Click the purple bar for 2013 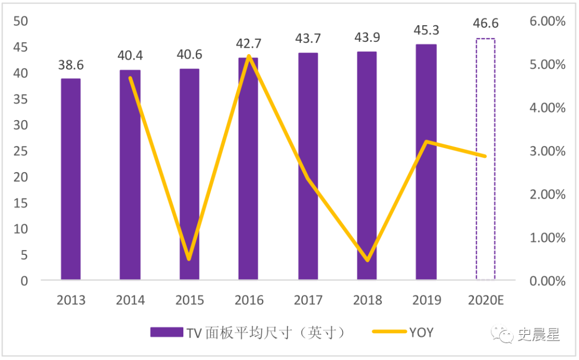tap(71, 179)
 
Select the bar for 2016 tap(248, 168)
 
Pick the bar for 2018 tap(367, 166)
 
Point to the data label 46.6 tap(486, 24)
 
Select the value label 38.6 tap(71, 65)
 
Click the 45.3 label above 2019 tap(426, 31)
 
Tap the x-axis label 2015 tap(190, 300)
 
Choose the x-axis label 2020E tap(485, 300)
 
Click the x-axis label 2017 tap(308, 300)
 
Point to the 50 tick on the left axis tap(20, 21)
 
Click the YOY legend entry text tap(421, 333)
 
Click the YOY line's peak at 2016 tap(249, 56)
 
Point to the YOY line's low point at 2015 tap(189, 259)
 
